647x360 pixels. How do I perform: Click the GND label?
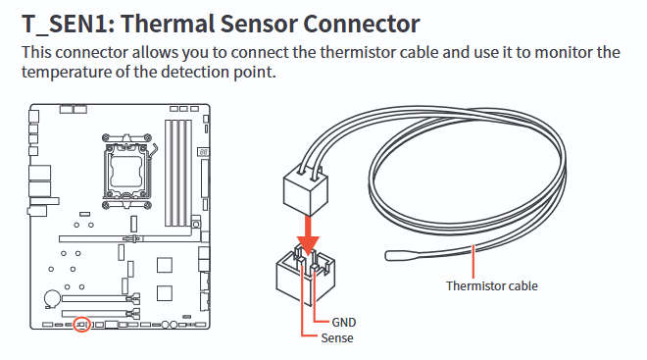pos(344,322)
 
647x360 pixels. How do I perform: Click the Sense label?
pos(337,338)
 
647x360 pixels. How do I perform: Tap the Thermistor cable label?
pos(492,285)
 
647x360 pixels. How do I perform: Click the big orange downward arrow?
pos(308,235)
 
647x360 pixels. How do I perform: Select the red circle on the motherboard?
pos(81,325)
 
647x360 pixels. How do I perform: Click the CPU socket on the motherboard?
pos(126,172)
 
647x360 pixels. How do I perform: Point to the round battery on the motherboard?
pos(52,298)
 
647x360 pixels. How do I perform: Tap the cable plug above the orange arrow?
pos(306,188)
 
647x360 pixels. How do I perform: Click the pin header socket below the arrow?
pos(306,274)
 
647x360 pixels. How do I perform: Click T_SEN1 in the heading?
pos(68,24)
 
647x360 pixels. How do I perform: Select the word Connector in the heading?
pos(362,24)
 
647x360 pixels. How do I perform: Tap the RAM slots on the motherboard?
pos(178,173)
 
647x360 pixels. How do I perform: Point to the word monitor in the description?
pos(563,52)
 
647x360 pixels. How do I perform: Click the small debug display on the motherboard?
pos(203,152)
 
